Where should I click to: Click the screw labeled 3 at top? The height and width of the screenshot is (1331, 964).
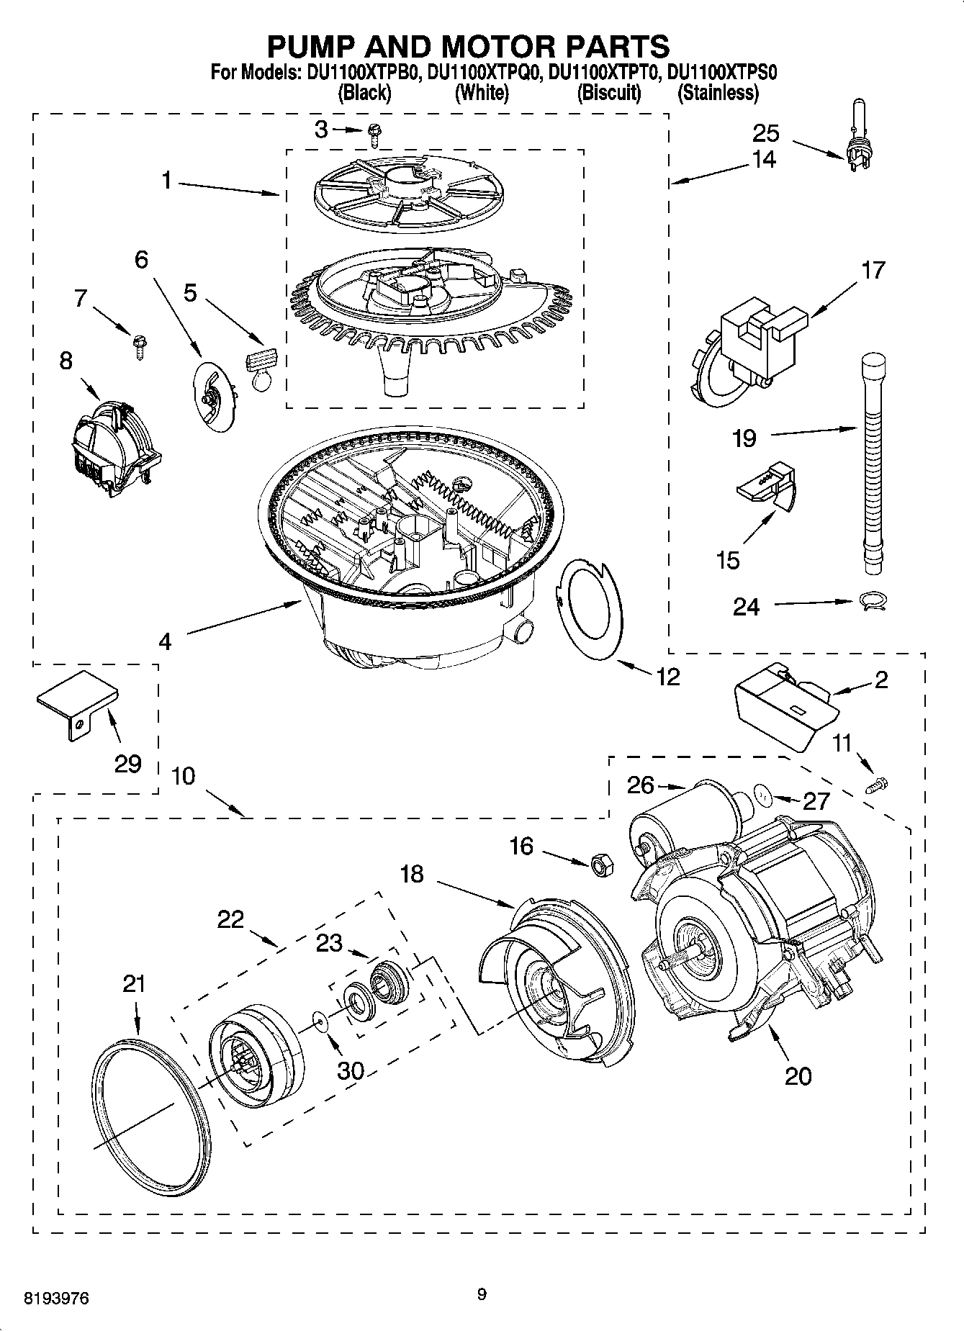[x=374, y=131]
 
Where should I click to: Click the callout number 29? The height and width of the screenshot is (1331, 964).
[x=127, y=763]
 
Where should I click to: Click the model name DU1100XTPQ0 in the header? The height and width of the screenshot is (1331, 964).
[x=483, y=73]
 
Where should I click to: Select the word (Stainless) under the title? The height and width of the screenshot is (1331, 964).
[x=717, y=93]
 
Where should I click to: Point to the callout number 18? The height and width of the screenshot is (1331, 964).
[x=412, y=875]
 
